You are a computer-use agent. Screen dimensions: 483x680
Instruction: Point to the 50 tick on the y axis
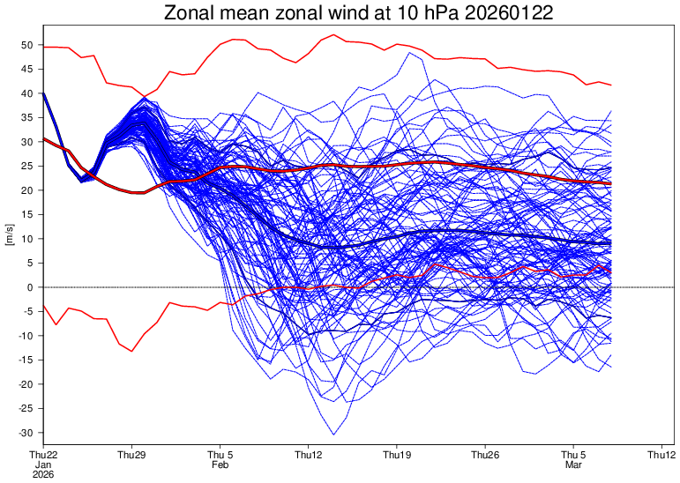(26, 45)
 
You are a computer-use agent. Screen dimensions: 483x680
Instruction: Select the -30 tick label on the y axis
(25, 433)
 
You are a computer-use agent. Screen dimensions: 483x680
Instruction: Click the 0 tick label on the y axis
(29, 287)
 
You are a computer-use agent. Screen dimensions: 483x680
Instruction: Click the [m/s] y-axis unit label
(10, 239)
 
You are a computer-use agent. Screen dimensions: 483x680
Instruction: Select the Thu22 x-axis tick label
(43, 455)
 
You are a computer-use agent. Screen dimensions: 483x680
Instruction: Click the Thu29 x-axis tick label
(131, 455)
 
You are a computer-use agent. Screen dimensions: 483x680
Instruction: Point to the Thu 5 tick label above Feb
(220, 455)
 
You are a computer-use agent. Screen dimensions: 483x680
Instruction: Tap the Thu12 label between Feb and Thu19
(309, 455)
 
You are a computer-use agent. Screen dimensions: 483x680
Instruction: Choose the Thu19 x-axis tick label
(397, 455)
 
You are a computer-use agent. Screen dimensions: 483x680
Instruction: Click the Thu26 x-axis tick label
(485, 455)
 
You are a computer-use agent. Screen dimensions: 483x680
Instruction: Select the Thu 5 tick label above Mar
(573, 455)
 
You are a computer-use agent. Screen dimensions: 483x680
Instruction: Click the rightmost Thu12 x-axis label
(661, 455)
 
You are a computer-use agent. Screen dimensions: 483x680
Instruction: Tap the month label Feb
(220, 464)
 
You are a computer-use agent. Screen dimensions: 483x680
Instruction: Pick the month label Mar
(573, 464)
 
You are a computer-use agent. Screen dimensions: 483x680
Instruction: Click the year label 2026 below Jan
(43, 474)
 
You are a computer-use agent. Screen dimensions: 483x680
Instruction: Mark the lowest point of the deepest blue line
(333, 435)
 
